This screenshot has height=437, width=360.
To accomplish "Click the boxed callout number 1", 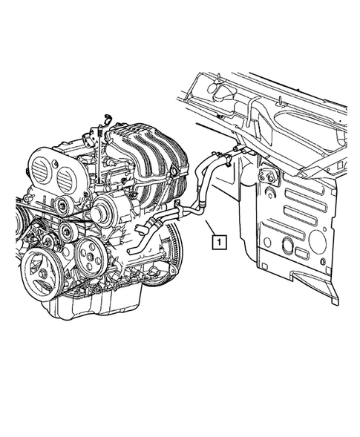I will [217, 240].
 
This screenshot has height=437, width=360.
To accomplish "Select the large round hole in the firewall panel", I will [317, 241].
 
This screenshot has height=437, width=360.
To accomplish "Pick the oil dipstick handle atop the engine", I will [108, 116].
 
